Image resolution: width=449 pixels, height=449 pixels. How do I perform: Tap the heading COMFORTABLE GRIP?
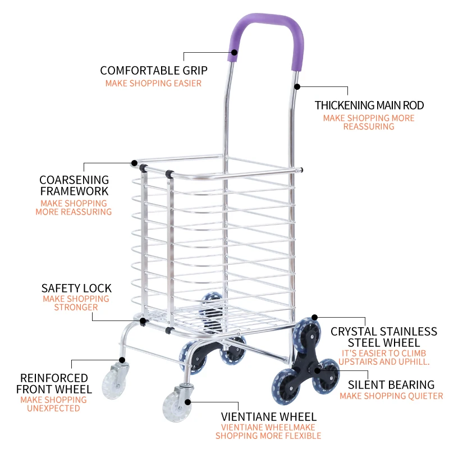click(x=154, y=71)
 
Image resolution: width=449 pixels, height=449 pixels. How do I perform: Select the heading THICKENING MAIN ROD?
click(x=369, y=106)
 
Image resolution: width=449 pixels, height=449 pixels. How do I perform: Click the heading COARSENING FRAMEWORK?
click(x=74, y=185)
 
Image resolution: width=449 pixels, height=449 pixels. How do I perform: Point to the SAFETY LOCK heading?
click(x=76, y=288)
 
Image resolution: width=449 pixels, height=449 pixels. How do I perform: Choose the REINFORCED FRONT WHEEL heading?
click(x=54, y=383)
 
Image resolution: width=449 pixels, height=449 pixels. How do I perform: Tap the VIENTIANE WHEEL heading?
click(x=269, y=417)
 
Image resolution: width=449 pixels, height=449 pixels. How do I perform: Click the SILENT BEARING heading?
click(x=391, y=385)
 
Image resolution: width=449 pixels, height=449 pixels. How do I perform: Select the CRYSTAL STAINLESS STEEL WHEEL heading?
click(x=384, y=337)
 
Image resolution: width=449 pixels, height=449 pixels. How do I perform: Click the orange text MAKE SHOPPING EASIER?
click(x=153, y=84)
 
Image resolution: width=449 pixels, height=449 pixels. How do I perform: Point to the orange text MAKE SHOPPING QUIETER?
click(x=391, y=396)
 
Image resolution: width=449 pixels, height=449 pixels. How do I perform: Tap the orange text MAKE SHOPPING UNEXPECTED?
click(x=54, y=404)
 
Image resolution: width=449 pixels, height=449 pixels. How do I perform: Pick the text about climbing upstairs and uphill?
click(x=385, y=358)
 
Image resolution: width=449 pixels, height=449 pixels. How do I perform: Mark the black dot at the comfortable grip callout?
click(x=233, y=52)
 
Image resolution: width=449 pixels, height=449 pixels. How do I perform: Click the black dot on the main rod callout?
click(x=297, y=87)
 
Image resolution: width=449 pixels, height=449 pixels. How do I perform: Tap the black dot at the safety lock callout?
click(x=143, y=321)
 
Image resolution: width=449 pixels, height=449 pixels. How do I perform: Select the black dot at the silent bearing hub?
click(x=318, y=370)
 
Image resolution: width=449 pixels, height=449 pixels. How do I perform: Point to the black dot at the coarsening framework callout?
click(x=135, y=163)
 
